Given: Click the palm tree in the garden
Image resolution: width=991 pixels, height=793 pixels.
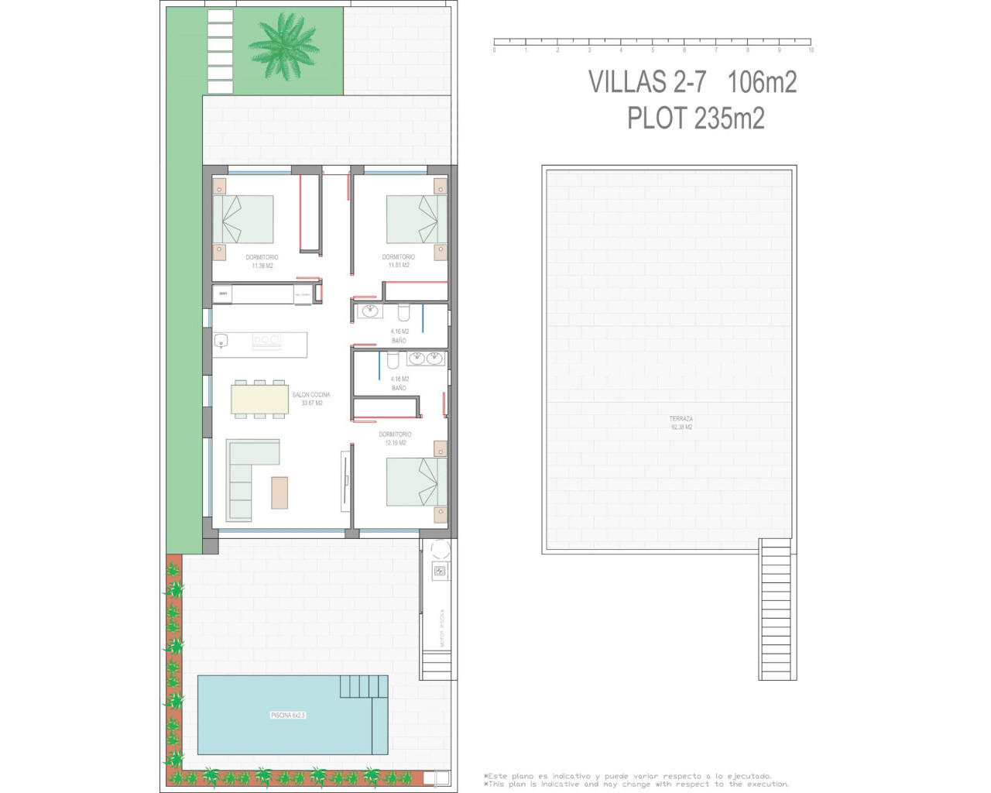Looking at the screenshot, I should pyautogui.click(x=284, y=46).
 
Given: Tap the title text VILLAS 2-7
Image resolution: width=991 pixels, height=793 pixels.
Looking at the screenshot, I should pyautogui.click(x=647, y=82).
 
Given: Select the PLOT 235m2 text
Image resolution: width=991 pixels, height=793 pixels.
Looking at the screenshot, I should pyautogui.click(x=695, y=118).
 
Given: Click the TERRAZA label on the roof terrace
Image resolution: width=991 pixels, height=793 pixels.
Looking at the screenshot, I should pyautogui.click(x=681, y=419).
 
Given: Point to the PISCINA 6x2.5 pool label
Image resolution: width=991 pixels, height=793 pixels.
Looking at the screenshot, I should pyautogui.click(x=288, y=715).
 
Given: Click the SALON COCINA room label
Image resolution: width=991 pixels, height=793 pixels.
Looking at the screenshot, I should pyautogui.click(x=310, y=395).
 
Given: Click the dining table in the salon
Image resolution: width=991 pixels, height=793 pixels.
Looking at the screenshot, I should pyautogui.click(x=259, y=399).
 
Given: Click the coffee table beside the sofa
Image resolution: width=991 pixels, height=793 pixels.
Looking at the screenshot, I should pyautogui.click(x=279, y=493).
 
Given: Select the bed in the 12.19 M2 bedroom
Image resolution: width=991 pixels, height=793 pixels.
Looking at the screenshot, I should pyautogui.click(x=417, y=482).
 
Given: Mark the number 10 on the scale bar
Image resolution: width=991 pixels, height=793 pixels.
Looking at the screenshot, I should pyautogui.click(x=811, y=50).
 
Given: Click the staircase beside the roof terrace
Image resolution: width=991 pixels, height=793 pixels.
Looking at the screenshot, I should pyautogui.click(x=777, y=609).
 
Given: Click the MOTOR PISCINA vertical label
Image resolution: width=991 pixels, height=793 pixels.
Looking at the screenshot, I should pyautogui.click(x=442, y=627).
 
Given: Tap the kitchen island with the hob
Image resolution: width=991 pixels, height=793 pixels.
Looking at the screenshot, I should pyautogui.click(x=260, y=344).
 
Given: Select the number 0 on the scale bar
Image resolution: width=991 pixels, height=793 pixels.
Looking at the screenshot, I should pyautogui.click(x=494, y=50).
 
